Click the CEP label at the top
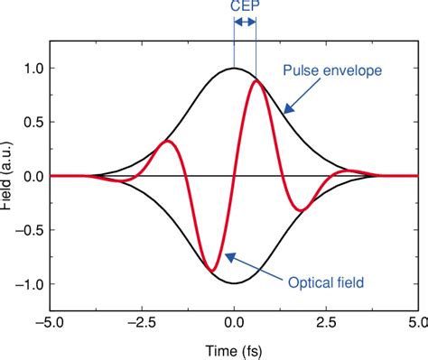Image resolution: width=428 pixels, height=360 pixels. (x=244, y=8)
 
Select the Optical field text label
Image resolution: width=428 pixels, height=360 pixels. (x=327, y=282)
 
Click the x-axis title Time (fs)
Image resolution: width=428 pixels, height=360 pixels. (x=235, y=348)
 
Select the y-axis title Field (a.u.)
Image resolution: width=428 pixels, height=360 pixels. (x=8, y=176)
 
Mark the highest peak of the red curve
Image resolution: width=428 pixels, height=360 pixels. (x=257, y=80)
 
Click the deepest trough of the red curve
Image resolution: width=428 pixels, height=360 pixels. (x=211, y=271)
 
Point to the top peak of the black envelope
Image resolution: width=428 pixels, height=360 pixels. (x=235, y=68)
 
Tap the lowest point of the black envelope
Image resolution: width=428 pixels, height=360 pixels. (x=235, y=283)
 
